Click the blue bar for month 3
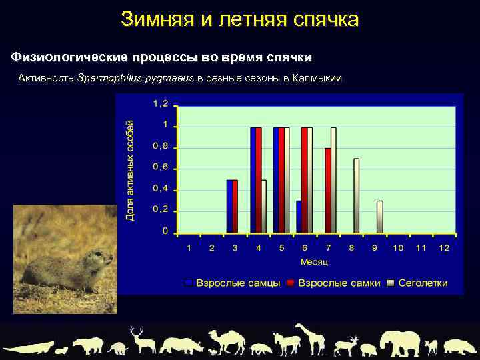point(229,206)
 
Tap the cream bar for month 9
point(380,217)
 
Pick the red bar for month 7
point(327,190)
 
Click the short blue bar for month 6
point(299,217)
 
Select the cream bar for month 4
point(264,206)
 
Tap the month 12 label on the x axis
point(444,248)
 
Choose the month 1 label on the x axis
point(189,248)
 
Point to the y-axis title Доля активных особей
point(130,170)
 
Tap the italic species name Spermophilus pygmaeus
point(135,78)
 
